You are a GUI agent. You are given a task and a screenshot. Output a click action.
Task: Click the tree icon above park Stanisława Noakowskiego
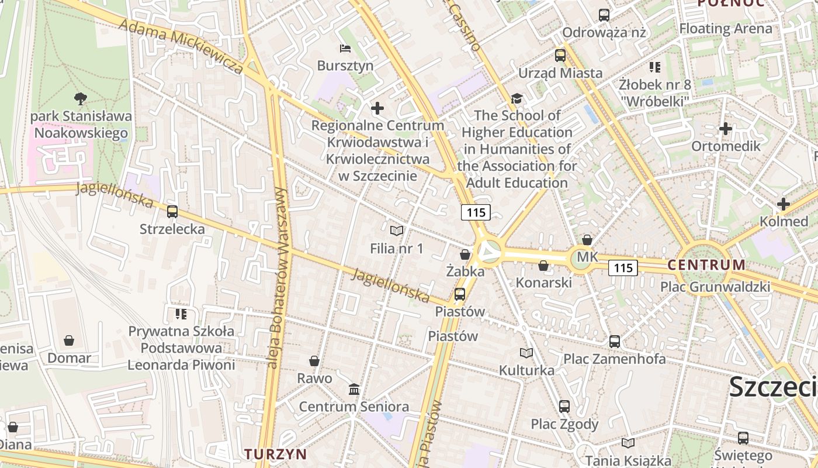point(81,99)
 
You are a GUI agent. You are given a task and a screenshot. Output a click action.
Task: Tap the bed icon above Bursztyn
point(345,48)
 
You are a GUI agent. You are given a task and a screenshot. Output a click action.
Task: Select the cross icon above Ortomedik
point(726,129)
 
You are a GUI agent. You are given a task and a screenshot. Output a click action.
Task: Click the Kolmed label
point(784,222)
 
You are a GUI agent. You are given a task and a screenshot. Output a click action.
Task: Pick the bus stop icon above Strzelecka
point(172,212)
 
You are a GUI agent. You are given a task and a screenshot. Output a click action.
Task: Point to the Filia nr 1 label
point(397,249)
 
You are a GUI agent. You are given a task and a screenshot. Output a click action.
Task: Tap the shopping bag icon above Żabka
point(465,254)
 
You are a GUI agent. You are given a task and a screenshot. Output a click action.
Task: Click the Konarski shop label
point(543,283)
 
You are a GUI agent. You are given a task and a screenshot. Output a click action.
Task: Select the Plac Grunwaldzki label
point(715,287)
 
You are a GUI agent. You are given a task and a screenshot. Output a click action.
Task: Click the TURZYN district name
point(275,454)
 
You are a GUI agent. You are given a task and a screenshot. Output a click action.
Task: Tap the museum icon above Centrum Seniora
point(354,389)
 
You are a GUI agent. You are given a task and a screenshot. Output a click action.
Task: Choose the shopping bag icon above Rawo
point(314,361)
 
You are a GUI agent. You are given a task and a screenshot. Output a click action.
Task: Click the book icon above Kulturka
point(526,353)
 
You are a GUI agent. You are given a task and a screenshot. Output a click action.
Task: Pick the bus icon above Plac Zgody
point(564,407)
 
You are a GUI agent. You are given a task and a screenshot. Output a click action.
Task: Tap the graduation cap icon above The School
point(517,98)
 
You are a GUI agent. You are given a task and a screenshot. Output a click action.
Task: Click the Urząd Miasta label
point(560,73)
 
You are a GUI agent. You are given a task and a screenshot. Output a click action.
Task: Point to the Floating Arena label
point(725,28)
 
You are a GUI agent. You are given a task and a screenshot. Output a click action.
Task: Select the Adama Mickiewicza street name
point(181,46)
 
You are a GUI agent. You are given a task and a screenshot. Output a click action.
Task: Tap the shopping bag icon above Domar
point(69,340)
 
